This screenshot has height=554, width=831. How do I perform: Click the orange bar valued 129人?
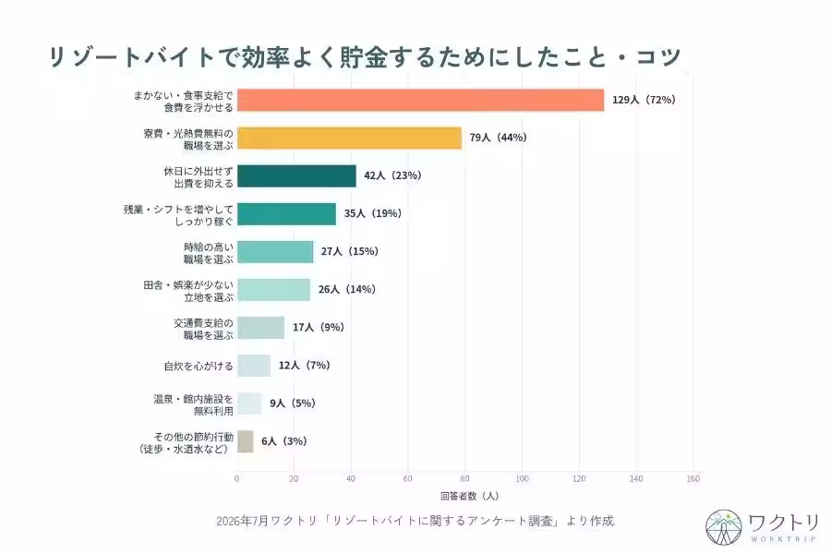tap(420, 101)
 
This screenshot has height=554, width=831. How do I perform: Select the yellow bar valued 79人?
tap(349, 138)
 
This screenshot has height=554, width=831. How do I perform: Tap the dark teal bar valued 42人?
tap(296, 176)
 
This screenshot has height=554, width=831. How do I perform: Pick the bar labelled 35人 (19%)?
tap(287, 213)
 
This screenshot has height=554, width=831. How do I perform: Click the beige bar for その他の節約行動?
tap(246, 441)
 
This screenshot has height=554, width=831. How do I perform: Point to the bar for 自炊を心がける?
tap(254, 366)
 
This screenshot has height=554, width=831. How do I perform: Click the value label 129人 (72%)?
tap(644, 100)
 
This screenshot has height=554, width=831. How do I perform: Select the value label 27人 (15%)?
tap(350, 251)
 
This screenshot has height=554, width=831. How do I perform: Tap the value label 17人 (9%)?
tap(319, 327)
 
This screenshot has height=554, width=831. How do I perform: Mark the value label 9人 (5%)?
tap(293, 403)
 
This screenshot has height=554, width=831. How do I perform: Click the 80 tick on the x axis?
tap(464, 478)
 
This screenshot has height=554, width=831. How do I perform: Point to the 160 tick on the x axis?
tap(692, 478)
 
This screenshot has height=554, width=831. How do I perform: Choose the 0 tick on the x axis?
tap(237, 478)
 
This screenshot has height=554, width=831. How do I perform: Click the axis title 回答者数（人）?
tap(470, 496)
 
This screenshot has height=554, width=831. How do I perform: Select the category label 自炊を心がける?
tap(199, 366)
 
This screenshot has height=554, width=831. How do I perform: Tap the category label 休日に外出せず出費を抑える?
tap(199, 177)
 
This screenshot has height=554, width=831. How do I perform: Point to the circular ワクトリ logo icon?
tap(723, 527)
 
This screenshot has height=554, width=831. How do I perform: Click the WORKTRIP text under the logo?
tap(783, 539)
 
